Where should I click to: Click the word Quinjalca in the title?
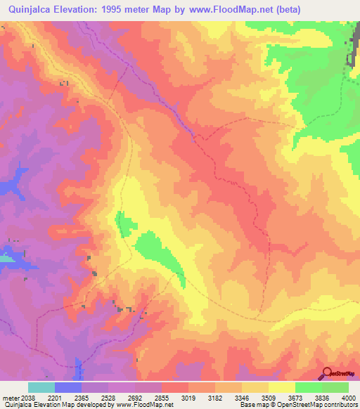pos(29,10)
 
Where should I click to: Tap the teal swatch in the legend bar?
pos(41,387)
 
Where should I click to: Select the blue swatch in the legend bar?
pos(67,387)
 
